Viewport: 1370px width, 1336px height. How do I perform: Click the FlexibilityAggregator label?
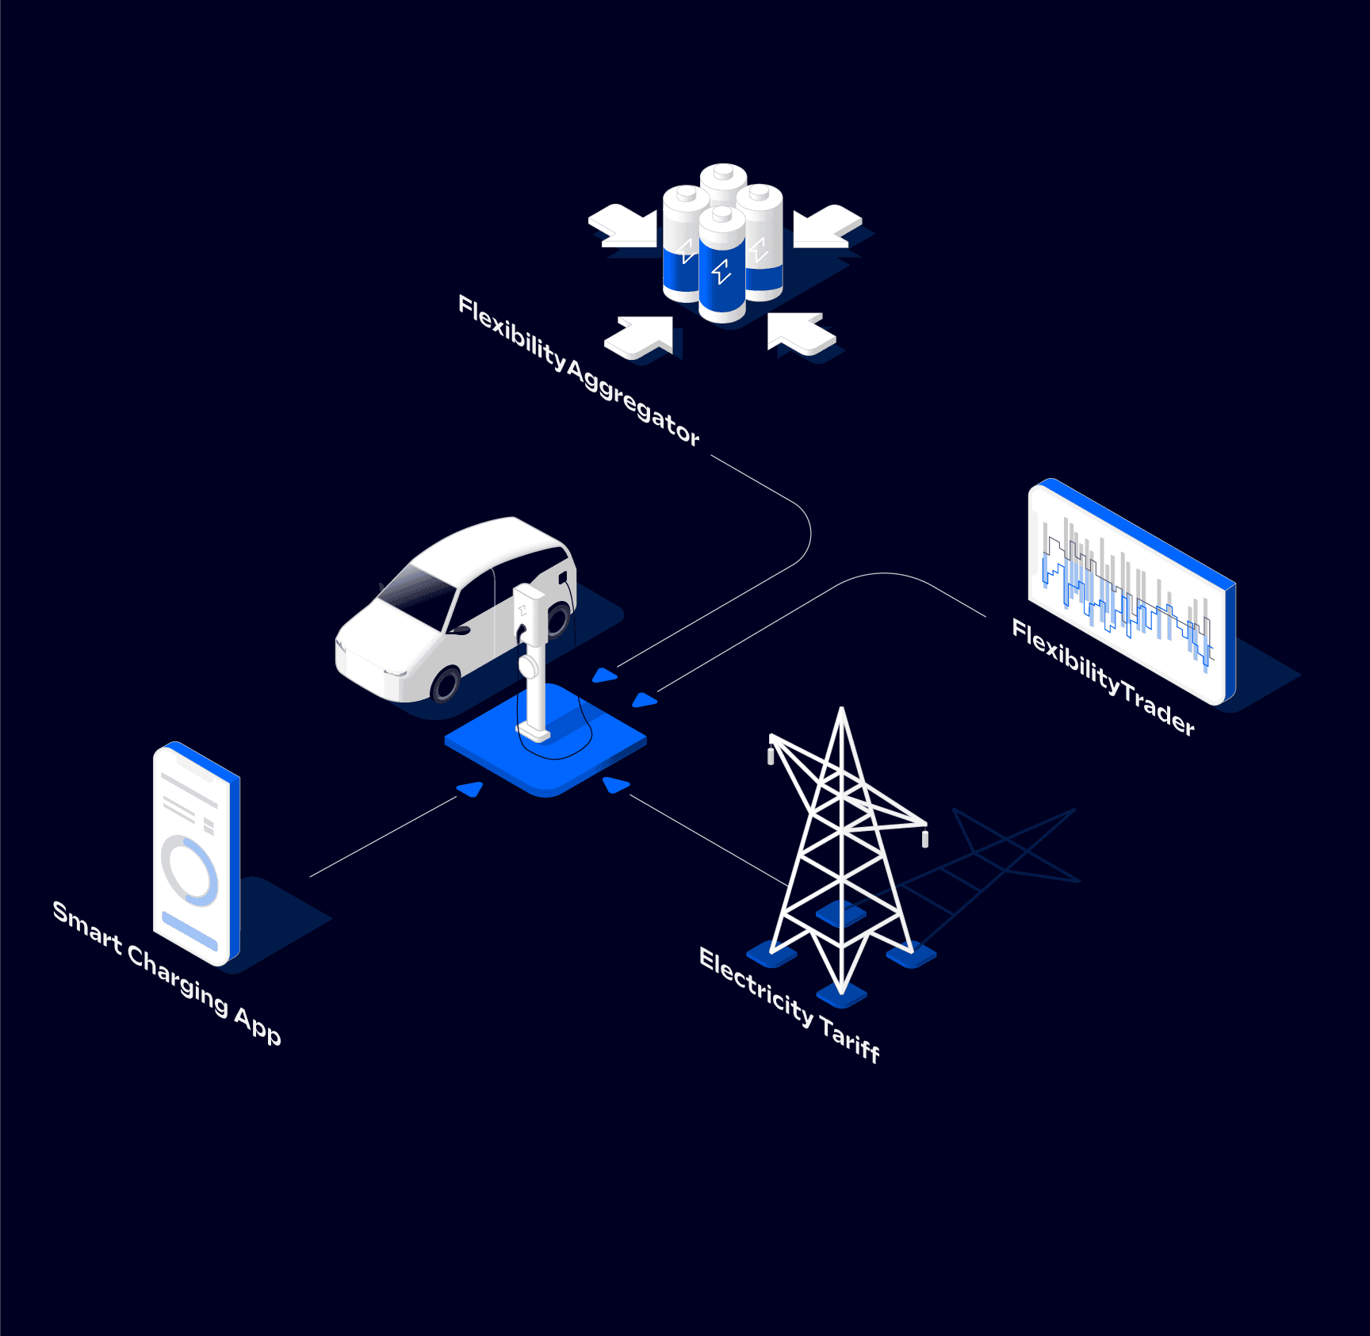[579, 370]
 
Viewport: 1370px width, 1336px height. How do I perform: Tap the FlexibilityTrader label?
[1103, 676]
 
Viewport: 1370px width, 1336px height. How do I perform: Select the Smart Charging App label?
[166, 972]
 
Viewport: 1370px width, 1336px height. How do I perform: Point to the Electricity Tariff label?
[790, 1005]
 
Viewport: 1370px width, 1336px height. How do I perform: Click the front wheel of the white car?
[446, 683]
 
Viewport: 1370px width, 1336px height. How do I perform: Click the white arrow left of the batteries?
[622, 225]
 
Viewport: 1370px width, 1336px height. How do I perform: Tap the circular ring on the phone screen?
[189, 870]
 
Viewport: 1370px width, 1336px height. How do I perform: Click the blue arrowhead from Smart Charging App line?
[472, 788]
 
